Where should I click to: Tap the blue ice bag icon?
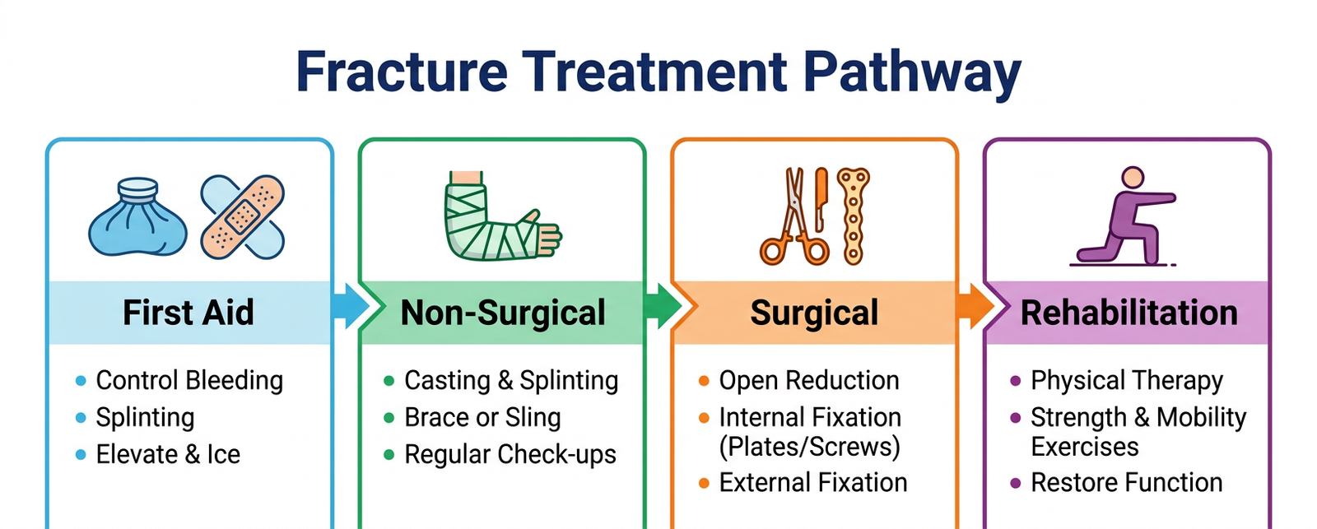pyautogui.click(x=137, y=217)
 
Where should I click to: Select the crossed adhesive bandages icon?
pyautogui.click(x=243, y=217)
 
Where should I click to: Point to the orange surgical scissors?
pyautogui.click(x=793, y=218)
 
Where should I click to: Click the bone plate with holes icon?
pyautogui.click(x=854, y=216)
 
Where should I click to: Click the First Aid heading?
pyautogui.click(x=188, y=313)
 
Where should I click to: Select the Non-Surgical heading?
pyautogui.click(x=502, y=313)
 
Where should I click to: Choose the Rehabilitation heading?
pyautogui.click(x=1129, y=313)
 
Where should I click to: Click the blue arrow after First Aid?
pyautogui.click(x=350, y=306)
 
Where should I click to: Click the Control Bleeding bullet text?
pyautogui.click(x=189, y=380)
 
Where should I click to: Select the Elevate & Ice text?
pyautogui.click(x=168, y=454)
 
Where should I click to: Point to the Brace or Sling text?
pyautogui.click(x=482, y=417)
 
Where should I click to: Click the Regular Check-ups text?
pyautogui.click(x=510, y=454)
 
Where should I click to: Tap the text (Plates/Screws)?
pyautogui.click(x=809, y=447)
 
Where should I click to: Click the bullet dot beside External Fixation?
pyautogui.click(x=704, y=483)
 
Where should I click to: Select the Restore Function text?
pyautogui.click(x=1126, y=483)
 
